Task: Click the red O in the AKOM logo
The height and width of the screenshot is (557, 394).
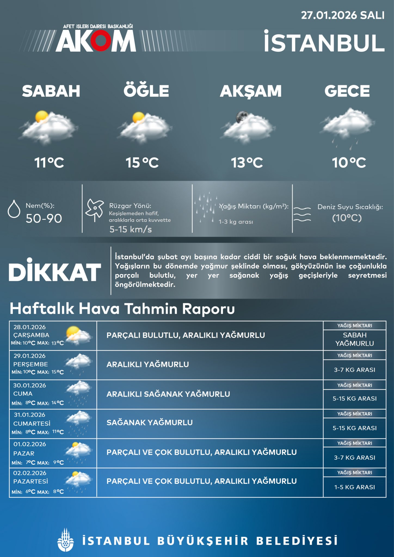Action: (100, 42)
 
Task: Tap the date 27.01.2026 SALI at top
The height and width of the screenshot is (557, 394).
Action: (343, 16)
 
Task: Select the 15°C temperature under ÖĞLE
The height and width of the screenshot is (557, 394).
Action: (142, 163)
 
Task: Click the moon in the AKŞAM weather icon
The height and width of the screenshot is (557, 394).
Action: (241, 117)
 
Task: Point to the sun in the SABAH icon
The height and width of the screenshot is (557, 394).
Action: (42, 117)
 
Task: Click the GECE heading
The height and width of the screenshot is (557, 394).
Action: (347, 91)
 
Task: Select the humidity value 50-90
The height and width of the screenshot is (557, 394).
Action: (44, 218)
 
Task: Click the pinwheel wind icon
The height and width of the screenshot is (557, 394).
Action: (95, 210)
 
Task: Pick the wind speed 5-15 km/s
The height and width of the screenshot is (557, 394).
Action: (131, 230)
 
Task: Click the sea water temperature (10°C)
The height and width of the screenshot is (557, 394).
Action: (347, 218)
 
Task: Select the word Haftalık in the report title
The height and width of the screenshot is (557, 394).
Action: (42, 309)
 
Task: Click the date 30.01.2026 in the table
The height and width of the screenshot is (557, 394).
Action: (30, 385)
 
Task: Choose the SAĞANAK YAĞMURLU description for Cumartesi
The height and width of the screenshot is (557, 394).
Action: (149, 423)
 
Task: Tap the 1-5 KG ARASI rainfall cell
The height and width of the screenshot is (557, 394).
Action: (355, 487)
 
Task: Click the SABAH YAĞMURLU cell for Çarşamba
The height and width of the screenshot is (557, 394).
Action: (355, 339)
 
